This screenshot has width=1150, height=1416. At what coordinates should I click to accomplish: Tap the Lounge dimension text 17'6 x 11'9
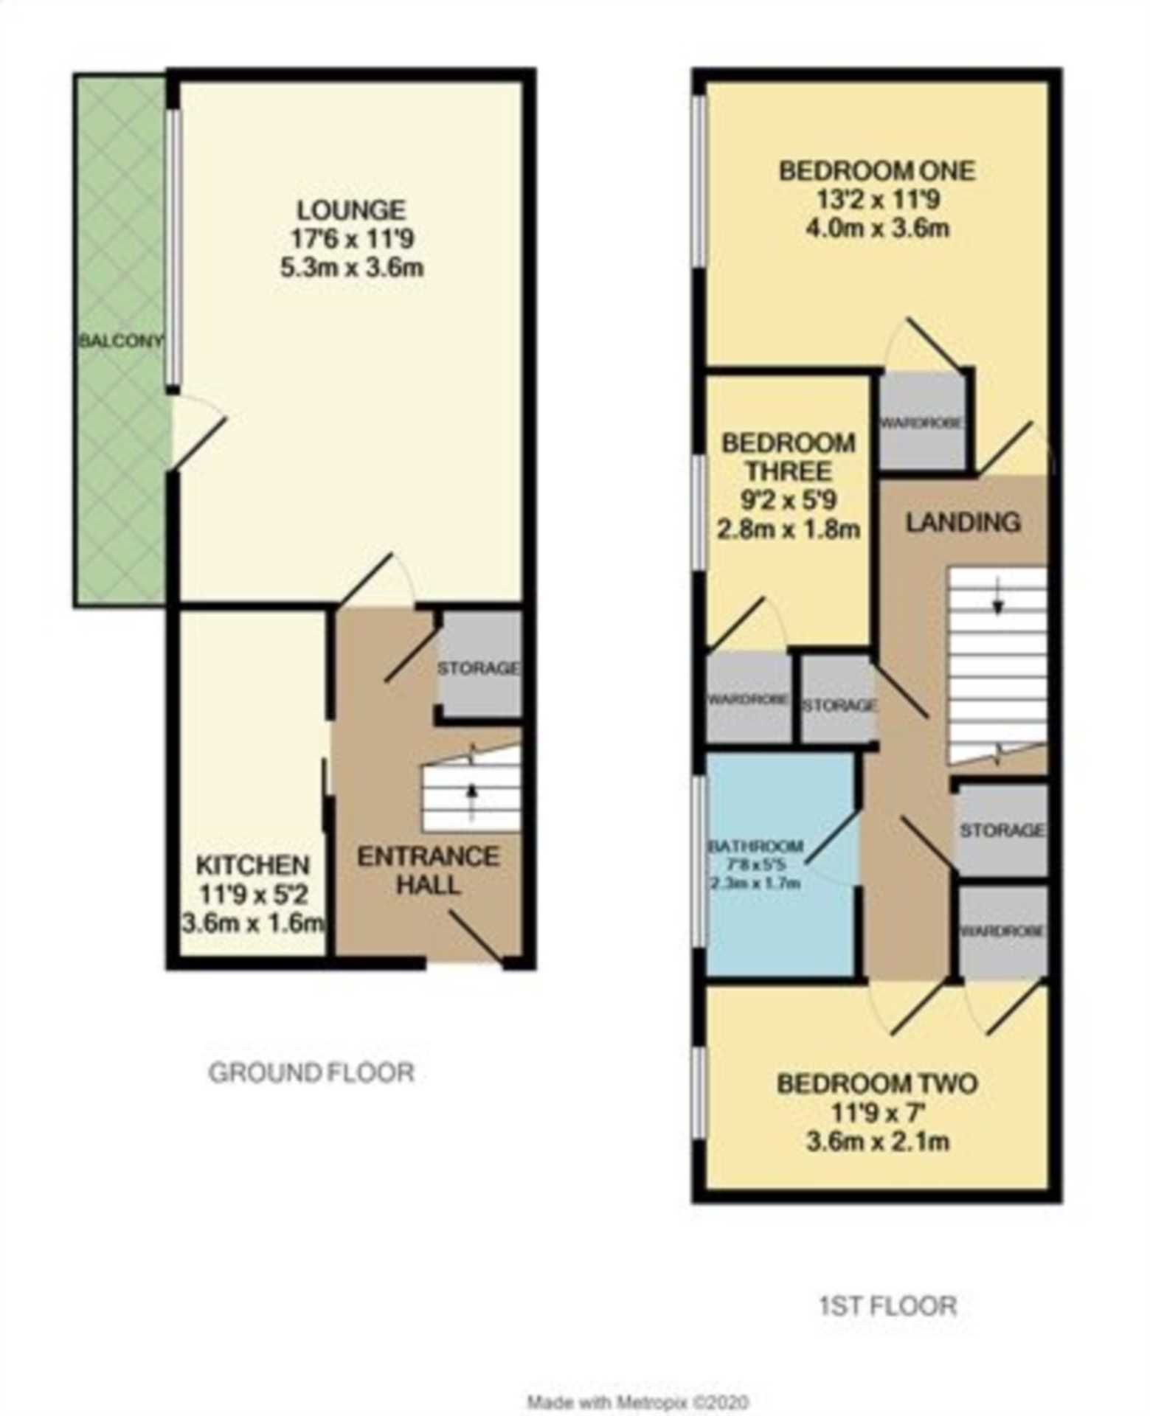pyautogui.click(x=352, y=239)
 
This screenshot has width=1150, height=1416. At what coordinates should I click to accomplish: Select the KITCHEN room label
pyautogui.click(x=252, y=865)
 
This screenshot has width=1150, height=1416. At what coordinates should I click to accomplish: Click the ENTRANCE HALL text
pyautogui.click(x=429, y=871)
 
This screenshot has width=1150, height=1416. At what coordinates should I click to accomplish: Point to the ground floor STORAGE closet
pyautogui.click(x=479, y=669)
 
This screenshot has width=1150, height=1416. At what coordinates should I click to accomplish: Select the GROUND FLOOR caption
pyautogui.click(x=311, y=1073)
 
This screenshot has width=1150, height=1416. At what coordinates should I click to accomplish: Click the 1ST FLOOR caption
pyautogui.click(x=888, y=1306)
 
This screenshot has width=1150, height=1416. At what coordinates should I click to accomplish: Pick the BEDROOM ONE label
pyautogui.click(x=877, y=171)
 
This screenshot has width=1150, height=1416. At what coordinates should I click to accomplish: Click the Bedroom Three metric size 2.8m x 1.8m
pyautogui.click(x=789, y=529)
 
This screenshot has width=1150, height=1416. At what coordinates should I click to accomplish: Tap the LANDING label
pyautogui.click(x=963, y=522)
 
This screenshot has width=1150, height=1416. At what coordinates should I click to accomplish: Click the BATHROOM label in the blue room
pyautogui.click(x=755, y=846)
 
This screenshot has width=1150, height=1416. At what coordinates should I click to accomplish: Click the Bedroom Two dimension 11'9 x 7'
pyautogui.click(x=877, y=1113)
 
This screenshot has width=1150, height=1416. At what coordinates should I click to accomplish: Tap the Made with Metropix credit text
pyautogui.click(x=637, y=1400)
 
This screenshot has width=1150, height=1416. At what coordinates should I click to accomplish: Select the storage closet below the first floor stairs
pyautogui.click(x=1001, y=830)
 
